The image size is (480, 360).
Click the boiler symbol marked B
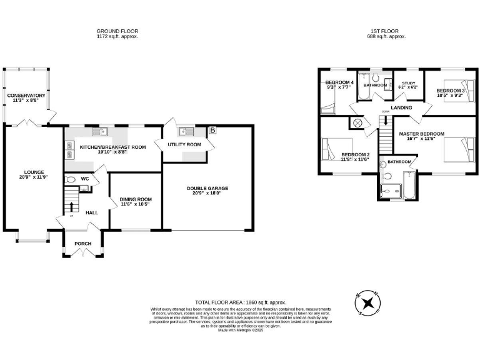(212, 131)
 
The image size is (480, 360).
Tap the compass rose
(369, 303)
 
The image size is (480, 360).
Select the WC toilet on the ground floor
(71, 179)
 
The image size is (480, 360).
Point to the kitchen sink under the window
(99, 132)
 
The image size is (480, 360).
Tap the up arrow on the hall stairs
(71, 207)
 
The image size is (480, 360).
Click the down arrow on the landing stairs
(386, 120)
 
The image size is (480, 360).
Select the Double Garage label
(207, 188)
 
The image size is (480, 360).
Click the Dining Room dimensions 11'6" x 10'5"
(135, 204)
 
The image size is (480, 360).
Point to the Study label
(409, 82)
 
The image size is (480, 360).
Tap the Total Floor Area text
(239, 302)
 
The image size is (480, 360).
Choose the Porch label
(83, 244)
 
